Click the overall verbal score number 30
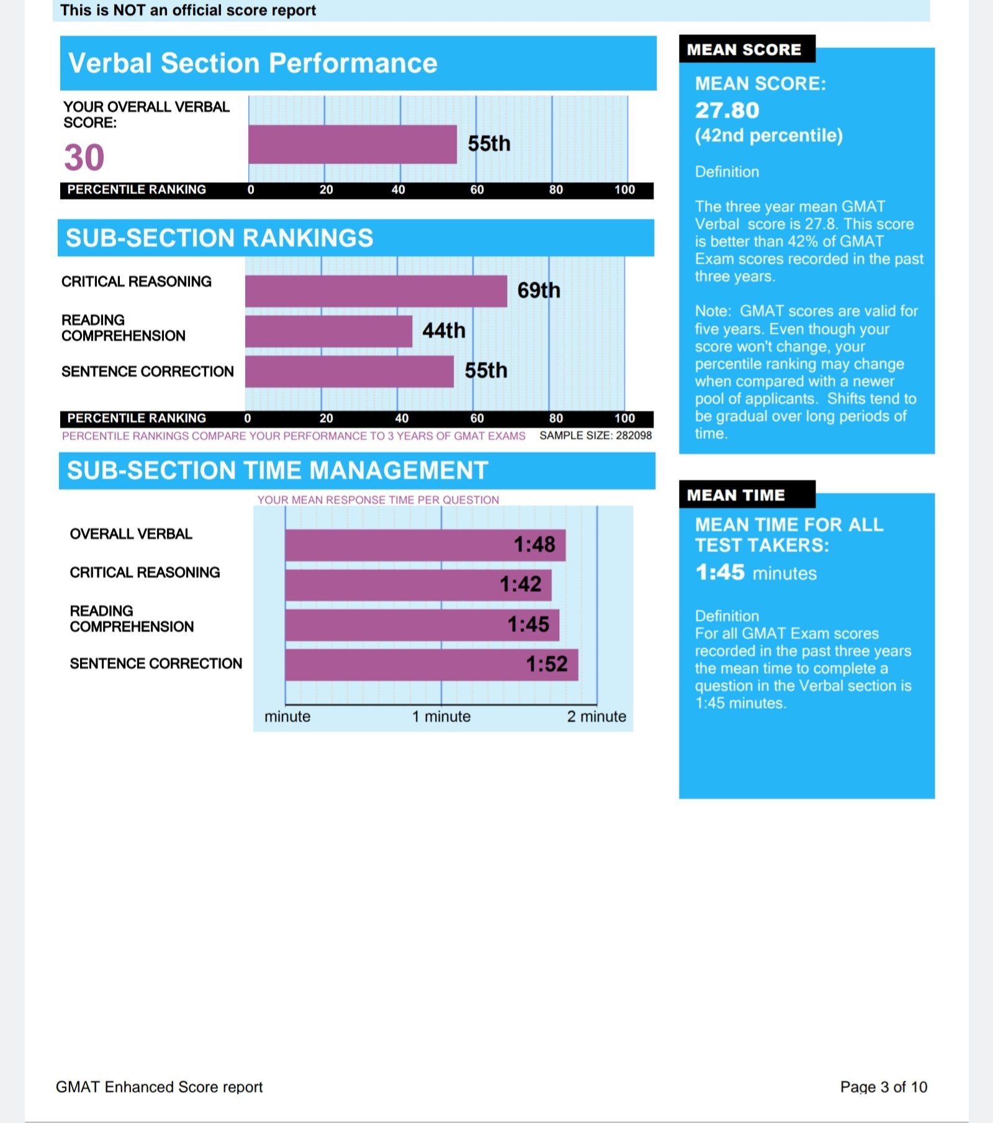84,157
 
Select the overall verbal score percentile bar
353,145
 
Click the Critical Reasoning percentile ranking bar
376,291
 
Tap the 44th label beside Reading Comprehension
444,330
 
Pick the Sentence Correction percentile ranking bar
349,371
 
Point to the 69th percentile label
539,290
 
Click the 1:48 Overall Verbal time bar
425,545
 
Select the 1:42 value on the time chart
521,584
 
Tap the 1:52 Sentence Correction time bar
432,665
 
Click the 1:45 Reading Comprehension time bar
422,625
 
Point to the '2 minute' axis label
596,716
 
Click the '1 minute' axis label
441,716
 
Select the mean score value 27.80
727,111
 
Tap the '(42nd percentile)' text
769,135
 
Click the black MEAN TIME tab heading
747,494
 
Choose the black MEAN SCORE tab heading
747,49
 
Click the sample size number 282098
634,435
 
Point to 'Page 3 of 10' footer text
884,1087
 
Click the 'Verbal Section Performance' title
253,63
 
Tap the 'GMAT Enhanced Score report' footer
160,1087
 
